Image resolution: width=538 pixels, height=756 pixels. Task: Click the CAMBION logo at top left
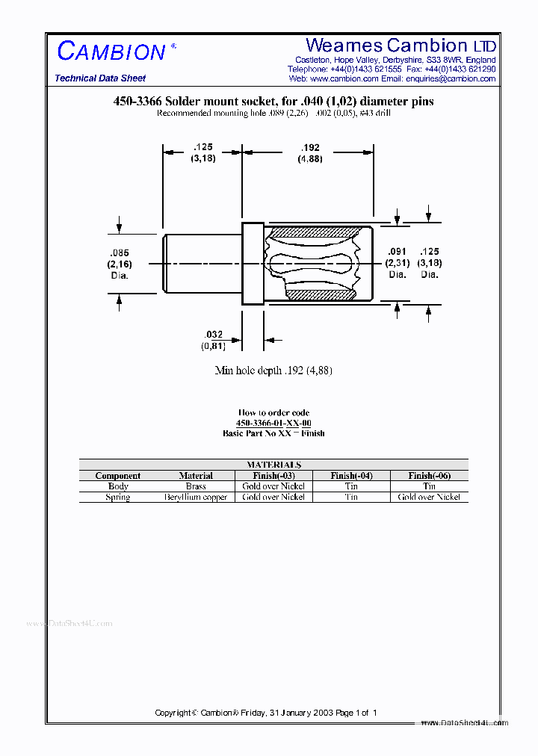pyautogui.click(x=112, y=52)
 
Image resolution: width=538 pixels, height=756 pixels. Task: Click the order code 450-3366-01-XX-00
pyautogui.click(x=273, y=423)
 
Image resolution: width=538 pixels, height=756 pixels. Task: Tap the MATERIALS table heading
pyautogui.click(x=273, y=465)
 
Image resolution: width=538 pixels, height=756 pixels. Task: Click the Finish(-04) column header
pyautogui.click(x=351, y=476)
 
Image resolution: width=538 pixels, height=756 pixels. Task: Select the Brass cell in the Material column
pyautogui.click(x=196, y=486)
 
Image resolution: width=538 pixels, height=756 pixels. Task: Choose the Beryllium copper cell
pyautogui.click(x=196, y=497)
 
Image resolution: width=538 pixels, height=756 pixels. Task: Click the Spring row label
pyautogui.click(x=118, y=497)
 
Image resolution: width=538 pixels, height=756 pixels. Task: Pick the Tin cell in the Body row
pyautogui.click(x=351, y=486)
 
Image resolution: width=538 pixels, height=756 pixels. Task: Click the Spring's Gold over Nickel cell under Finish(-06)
pyautogui.click(x=429, y=497)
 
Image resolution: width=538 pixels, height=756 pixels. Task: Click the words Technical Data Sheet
pyautogui.click(x=100, y=78)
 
